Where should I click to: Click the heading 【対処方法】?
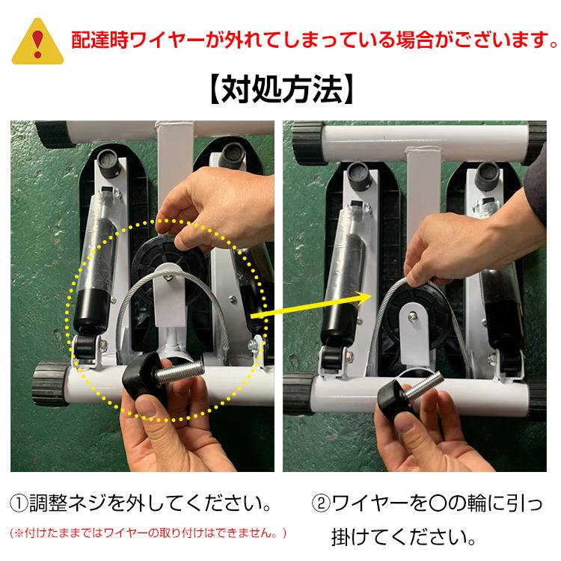[280, 90]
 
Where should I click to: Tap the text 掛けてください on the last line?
[401, 536]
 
